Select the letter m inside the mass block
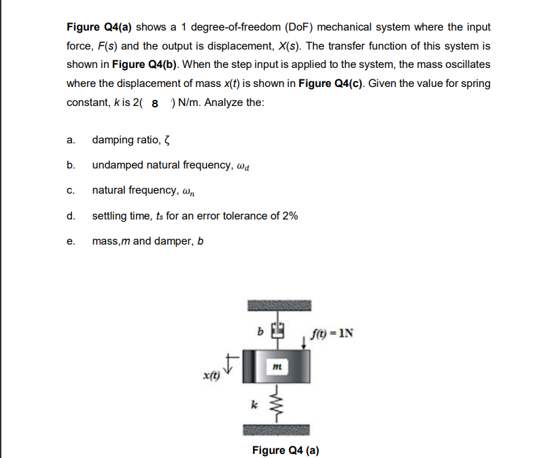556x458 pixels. click(276, 368)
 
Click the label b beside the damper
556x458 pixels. click(260, 333)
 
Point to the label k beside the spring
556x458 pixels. click(255, 405)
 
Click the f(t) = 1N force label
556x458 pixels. click(331, 334)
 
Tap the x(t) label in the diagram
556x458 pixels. click(211, 375)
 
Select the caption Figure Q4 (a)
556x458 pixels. click(285, 450)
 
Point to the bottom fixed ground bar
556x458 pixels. click(276, 430)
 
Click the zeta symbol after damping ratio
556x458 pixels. click(166, 140)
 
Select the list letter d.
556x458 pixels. click(71, 216)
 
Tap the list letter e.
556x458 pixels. click(71, 241)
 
